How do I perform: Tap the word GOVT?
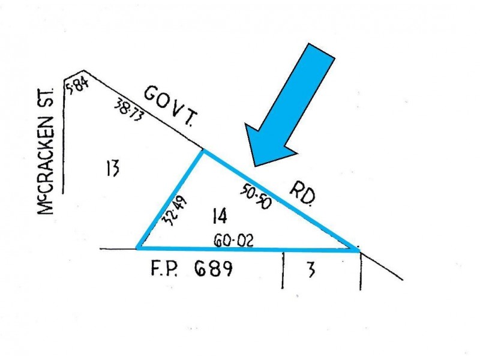click(x=171, y=106)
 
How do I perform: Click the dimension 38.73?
click(x=129, y=110)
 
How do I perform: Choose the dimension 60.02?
click(x=234, y=241)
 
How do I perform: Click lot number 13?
click(x=113, y=168)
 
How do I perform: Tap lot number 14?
click(x=220, y=215)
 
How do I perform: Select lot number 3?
click(x=311, y=271)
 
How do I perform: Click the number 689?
click(x=213, y=268)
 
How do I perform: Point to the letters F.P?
click(x=164, y=269)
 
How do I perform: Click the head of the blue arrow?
click(x=254, y=167)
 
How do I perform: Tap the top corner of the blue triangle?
click(x=203, y=150)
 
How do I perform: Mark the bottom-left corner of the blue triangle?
click(x=137, y=248)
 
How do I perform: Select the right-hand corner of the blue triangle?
click(x=359, y=250)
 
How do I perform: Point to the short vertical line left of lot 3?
click(x=283, y=270)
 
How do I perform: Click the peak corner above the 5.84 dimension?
click(x=83, y=71)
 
